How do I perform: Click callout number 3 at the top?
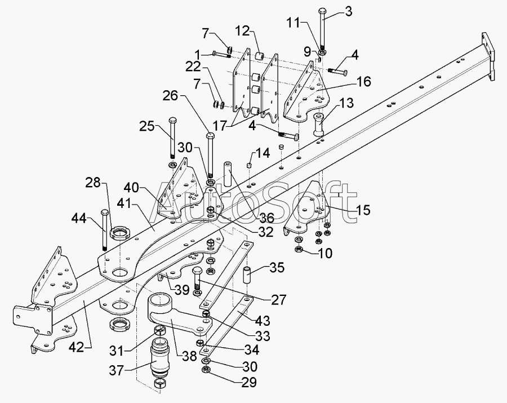[348, 12]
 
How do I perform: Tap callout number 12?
[243, 31]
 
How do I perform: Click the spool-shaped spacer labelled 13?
[319, 124]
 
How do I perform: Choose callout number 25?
[147, 126]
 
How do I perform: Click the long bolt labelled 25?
[172, 138]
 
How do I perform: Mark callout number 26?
[170, 96]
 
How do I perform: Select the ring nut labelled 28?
[119, 233]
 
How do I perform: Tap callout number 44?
[79, 219]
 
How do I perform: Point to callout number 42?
[77, 347]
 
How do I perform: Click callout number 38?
[189, 356]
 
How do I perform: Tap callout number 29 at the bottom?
[250, 382]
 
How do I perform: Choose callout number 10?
[325, 253]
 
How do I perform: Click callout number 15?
[363, 210]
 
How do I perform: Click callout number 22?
[193, 67]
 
